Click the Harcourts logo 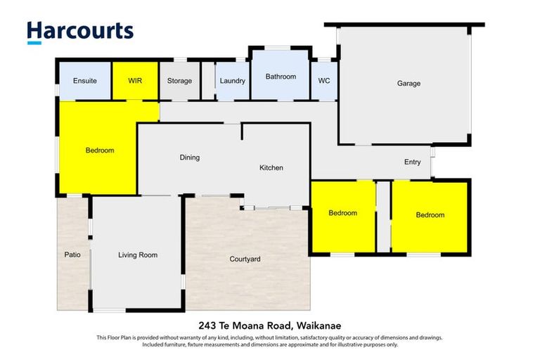point(79,31)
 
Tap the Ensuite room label point(84,81)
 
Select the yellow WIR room point(135,81)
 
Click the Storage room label point(179,81)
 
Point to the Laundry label point(232,81)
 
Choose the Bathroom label point(281,77)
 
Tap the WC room point(324,81)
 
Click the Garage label point(409,84)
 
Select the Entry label point(413,162)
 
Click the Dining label point(190,157)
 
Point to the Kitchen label point(271,168)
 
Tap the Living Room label point(138,255)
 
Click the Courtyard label point(245,259)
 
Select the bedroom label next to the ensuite point(100,150)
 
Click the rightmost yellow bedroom point(430,215)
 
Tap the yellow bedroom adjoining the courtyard point(343,213)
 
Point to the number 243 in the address point(207,325)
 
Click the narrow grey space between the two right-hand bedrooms point(383,217)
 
